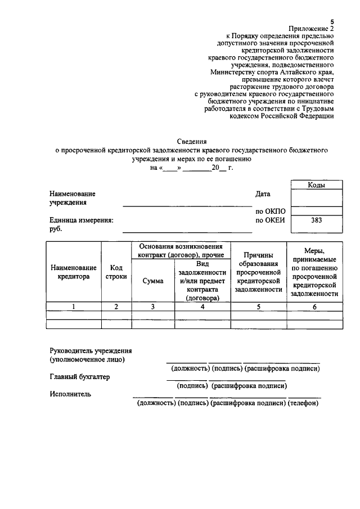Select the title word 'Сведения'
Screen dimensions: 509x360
coord(191,142)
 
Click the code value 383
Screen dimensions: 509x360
coord(317,220)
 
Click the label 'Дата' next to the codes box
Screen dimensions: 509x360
coord(263,194)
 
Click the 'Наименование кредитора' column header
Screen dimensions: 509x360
coord(73,272)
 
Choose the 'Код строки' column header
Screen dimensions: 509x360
coord(116,272)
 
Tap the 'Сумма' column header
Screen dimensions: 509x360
coord(153,281)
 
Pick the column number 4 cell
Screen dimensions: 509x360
coord(202,307)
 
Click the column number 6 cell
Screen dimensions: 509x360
coord(314,307)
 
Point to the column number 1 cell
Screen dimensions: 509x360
coord(73,307)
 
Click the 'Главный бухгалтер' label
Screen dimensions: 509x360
coord(79,377)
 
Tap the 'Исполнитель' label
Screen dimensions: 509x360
coord(70,394)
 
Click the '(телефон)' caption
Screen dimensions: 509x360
coord(303,403)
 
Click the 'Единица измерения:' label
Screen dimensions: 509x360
coord(81,220)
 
